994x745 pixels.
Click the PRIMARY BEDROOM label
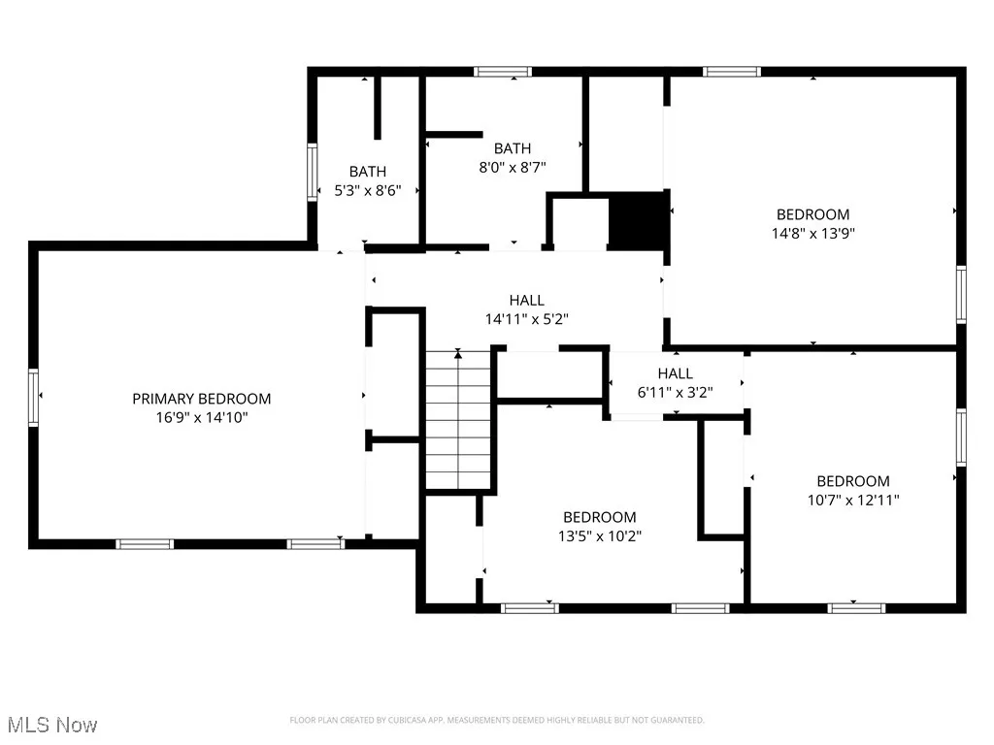(202, 399)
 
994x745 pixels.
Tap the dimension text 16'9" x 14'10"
(202, 418)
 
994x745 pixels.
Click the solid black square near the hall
(638, 221)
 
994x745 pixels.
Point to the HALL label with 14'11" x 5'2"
(527, 300)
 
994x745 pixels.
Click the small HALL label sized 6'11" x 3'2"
(676, 373)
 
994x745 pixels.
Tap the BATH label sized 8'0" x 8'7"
(513, 148)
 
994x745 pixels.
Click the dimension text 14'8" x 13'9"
(813, 233)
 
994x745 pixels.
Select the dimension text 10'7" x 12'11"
(853, 501)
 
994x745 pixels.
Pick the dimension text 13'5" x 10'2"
(600, 535)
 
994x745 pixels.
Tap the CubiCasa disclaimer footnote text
(497, 720)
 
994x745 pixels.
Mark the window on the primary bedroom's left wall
(34, 397)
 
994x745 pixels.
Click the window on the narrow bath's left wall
(313, 172)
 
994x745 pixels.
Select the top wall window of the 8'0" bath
(503, 71)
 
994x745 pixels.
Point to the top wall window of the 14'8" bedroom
(732, 71)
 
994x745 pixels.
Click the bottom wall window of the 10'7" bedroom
(856, 608)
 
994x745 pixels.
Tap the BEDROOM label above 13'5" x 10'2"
(600, 517)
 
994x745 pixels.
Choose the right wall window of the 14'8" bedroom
(961, 294)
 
